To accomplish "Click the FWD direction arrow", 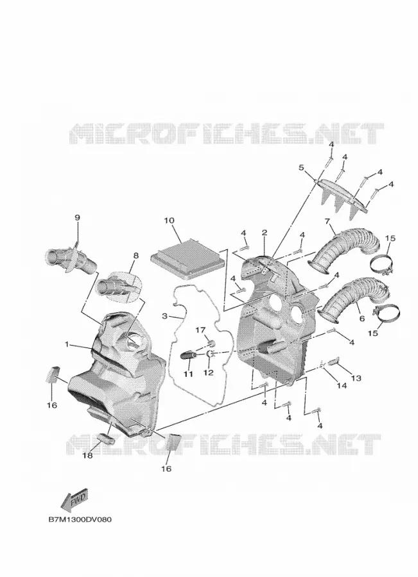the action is click(x=74, y=500).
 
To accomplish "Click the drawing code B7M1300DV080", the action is click(x=80, y=520).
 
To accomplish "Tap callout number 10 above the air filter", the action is click(x=170, y=221).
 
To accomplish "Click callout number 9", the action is click(x=77, y=218).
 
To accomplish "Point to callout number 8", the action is click(x=135, y=255).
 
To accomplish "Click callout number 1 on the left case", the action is click(x=67, y=344).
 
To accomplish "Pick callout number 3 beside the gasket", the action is click(x=165, y=316).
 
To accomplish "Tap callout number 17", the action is click(x=200, y=330).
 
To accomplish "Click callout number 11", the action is click(x=188, y=374).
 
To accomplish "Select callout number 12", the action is click(x=208, y=372).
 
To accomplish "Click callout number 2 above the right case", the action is click(x=265, y=233).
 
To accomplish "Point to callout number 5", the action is click(x=301, y=168).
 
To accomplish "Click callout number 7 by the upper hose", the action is click(x=327, y=221).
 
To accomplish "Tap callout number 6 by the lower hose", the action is click(x=362, y=319).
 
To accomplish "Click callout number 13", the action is click(x=356, y=378).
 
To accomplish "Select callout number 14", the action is click(x=342, y=385).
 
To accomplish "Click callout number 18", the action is click(x=87, y=456).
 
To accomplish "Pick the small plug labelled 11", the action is click(x=188, y=356).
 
